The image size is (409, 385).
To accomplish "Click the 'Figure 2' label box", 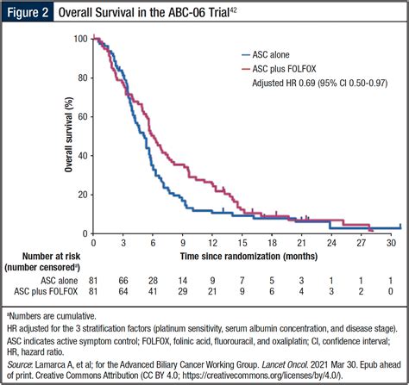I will coord(28,13).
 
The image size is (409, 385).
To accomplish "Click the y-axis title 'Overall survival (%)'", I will coord(68,135).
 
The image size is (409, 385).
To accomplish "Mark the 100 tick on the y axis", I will coord(82,40).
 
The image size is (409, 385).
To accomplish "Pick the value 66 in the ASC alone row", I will coord(124,281).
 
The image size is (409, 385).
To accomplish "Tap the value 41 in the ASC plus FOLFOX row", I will coord(154,293).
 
